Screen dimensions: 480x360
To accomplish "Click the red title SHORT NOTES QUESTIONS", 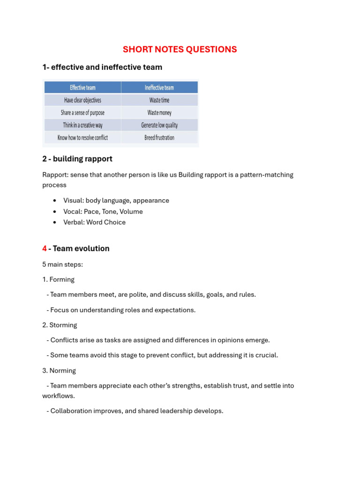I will coord(180,49).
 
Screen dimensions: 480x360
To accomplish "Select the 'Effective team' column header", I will coord(82,88).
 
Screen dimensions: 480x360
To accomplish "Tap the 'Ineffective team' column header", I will coord(159,88).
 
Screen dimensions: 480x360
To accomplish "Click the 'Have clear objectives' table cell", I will coord(82,100).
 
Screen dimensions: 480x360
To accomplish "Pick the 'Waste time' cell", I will coord(159,100).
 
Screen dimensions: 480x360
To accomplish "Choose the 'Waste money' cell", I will coord(159,113).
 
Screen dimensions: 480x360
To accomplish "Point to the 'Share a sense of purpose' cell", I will coord(82,113).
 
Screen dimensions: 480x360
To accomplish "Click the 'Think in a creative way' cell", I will coord(82,125).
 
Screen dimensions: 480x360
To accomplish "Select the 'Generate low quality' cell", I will coord(159,125).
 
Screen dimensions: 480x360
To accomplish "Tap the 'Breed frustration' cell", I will coord(159,138).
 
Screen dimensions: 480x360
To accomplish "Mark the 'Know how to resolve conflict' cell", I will coord(82,138).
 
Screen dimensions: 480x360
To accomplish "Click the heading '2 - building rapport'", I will coord(77,159).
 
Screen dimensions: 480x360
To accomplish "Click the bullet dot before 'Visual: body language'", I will coord(55,201).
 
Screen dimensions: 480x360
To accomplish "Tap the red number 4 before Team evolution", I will coord(45,248).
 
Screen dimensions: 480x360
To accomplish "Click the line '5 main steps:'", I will coord(62,264).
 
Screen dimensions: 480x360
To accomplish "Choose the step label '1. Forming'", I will coord(58,279).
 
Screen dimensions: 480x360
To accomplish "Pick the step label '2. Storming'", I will coord(60,325).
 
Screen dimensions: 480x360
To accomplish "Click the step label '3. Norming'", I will coord(59,370).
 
